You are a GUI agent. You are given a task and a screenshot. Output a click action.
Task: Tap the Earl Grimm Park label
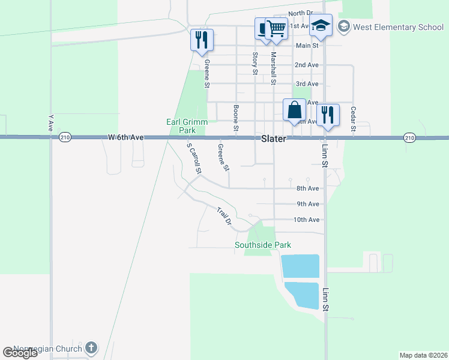click(x=187, y=126)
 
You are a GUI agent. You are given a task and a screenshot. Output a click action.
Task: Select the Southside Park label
click(x=263, y=245)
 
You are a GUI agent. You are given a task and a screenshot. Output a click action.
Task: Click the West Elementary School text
click(x=398, y=27)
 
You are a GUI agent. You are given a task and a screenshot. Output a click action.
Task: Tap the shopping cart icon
click(x=276, y=27)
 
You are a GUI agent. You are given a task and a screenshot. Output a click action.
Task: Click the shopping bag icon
click(x=294, y=110)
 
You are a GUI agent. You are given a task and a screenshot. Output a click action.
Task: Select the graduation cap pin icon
click(x=321, y=26)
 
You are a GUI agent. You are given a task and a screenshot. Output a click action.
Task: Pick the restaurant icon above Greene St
click(x=202, y=39)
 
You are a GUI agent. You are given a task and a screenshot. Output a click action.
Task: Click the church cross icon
click(x=91, y=347)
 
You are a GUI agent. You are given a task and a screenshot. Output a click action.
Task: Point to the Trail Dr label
click(x=224, y=216)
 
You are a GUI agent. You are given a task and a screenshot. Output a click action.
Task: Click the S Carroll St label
click(x=193, y=158)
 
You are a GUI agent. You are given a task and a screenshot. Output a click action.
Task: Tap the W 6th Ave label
click(x=126, y=137)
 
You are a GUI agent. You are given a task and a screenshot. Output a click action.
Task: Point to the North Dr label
click(x=301, y=13)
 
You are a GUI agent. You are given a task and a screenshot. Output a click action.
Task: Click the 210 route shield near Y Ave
click(x=65, y=138)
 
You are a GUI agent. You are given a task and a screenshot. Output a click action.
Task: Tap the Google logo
click(x=20, y=353)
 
